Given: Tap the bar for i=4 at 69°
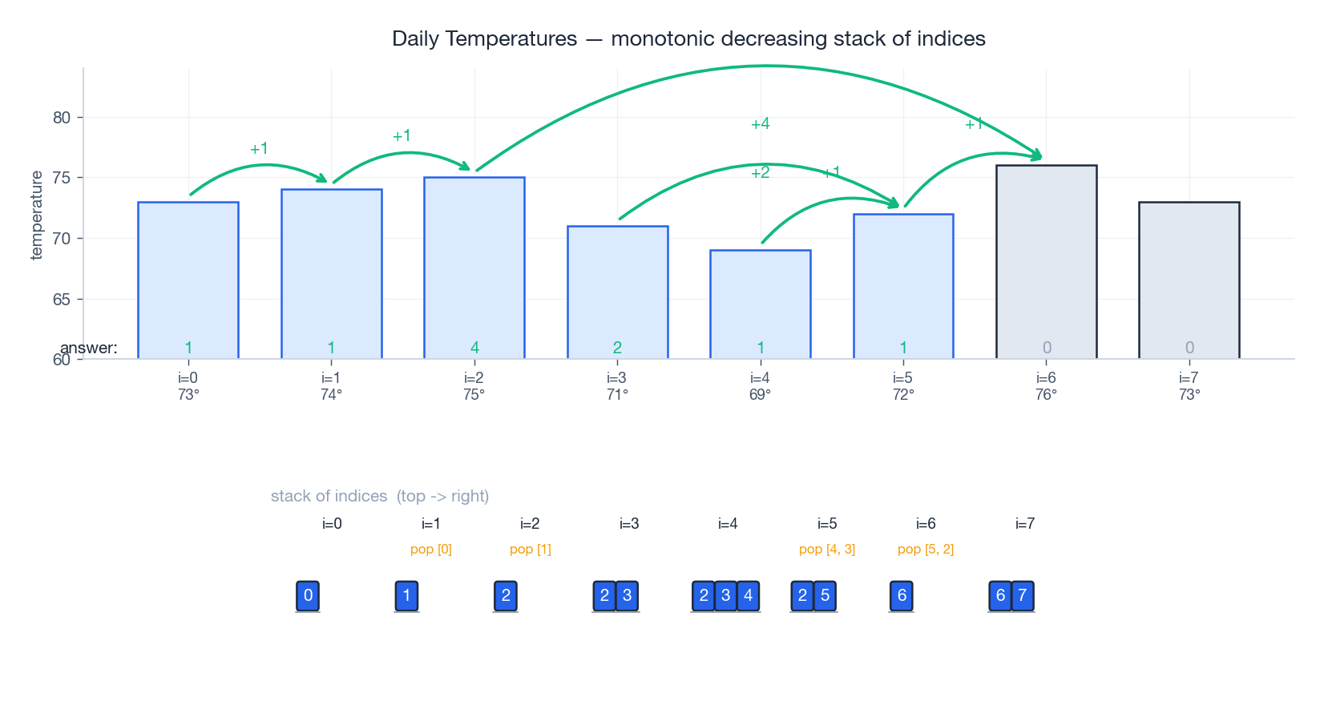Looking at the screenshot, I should coord(760,304).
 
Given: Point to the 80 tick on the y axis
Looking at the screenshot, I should coord(62,118).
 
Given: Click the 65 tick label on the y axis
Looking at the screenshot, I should coord(62,300).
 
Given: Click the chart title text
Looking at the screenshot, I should coord(688,38).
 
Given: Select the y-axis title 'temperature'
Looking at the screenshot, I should coord(36,216).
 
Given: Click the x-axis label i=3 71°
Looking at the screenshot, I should coord(617,386).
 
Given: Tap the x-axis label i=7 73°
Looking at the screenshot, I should coord(1189,386).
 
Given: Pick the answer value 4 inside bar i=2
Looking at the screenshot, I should coord(474,348).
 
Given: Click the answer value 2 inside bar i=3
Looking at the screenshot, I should coord(617,348).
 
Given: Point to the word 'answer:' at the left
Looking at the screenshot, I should coord(89,348).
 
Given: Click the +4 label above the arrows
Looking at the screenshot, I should coord(760,123).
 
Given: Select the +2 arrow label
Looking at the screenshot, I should coord(760,173).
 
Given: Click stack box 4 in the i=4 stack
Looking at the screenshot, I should coord(748,595).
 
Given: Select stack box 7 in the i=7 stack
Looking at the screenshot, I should coord(1022,595).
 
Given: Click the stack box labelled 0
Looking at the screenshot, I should coord(308,595).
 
